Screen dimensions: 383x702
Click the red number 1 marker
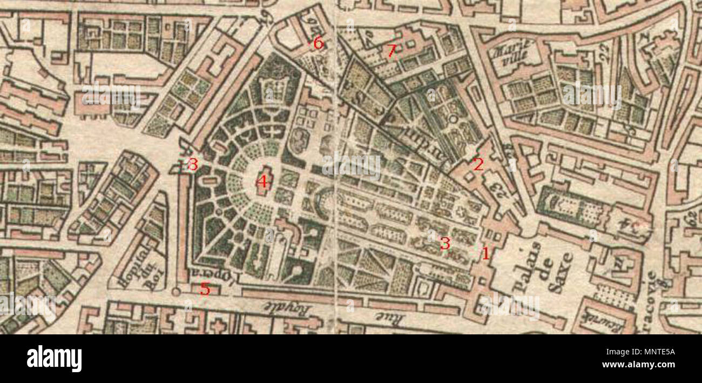pyautogui.click(x=485, y=253)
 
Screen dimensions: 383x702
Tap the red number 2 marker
pyautogui.click(x=478, y=164)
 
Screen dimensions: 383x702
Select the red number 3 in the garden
pyautogui.click(x=444, y=244)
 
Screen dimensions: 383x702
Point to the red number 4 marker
pyautogui.click(x=262, y=182)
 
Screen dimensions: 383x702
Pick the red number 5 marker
pyautogui.click(x=205, y=289)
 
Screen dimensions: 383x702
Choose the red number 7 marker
pyautogui.click(x=391, y=51)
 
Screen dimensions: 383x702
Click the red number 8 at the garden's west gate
pyautogui.click(x=192, y=164)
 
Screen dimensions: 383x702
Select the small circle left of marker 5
pyautogui.click(x=175, y=292)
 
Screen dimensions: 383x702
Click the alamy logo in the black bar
pyautogui.click(x=54, y=359)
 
